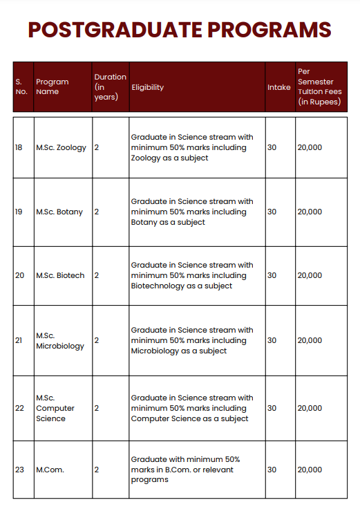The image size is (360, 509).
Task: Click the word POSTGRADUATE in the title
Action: click(114, 30)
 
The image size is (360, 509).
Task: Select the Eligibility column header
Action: click(148, 88)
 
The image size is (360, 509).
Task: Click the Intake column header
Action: click(279, 88)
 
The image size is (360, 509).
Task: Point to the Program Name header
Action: click(53, 87)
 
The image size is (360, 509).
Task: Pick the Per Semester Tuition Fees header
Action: click(319, 86)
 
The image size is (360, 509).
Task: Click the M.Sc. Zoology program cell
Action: click(61, 148)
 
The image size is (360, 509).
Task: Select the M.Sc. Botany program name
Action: click(59, 212)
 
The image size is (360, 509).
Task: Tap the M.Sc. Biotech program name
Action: click(60, 275)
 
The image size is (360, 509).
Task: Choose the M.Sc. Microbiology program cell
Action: click(60, 340)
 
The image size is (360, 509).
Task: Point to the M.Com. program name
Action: click(50, 470)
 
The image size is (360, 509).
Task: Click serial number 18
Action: click(19, 148)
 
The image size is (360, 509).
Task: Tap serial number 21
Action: click(19, 340)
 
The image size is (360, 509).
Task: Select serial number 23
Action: click(19, 470)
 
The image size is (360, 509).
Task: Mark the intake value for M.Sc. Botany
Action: click(272, 212)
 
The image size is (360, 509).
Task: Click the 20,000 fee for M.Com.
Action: click(310, 470)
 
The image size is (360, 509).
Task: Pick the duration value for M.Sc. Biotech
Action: click(97, 275)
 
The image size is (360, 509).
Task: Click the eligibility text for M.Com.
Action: click(185, 470)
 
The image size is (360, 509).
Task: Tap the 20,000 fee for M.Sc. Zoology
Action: click(310, 148)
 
